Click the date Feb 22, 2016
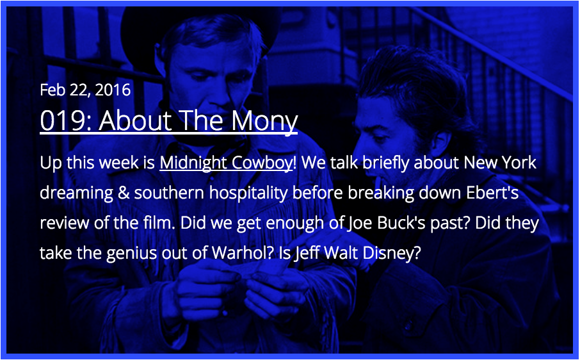[x=85, y=90]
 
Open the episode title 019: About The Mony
[x=168, y=120]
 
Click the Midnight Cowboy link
[x=226, y=163]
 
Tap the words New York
[x=500, y=163]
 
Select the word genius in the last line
[x=134, y=254]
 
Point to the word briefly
[x=386, y=163]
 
